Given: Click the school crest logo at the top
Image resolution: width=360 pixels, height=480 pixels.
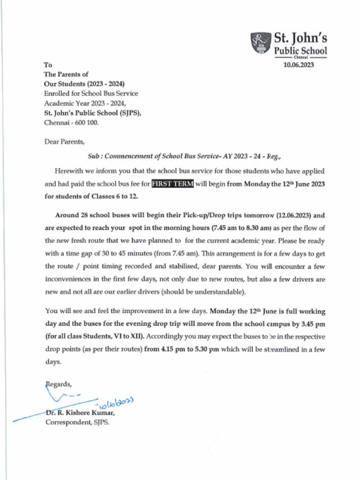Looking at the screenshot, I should [261, 43].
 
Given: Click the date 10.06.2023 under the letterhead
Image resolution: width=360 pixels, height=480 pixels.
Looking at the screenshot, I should [298, 65].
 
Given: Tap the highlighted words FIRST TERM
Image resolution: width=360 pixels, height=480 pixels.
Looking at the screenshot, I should [172, 184].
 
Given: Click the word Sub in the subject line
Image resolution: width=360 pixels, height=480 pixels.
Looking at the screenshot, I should [93, 157].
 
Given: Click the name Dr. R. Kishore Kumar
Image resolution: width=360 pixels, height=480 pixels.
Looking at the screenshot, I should [80, 413].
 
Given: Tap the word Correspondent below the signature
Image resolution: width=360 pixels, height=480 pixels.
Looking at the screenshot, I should [66, 422].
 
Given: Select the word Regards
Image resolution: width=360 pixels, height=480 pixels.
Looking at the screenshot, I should [59, 384].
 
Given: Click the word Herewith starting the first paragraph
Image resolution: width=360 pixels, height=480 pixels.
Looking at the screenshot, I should [70, 171].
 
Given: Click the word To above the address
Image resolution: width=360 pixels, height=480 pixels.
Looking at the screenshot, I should [48, 65].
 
